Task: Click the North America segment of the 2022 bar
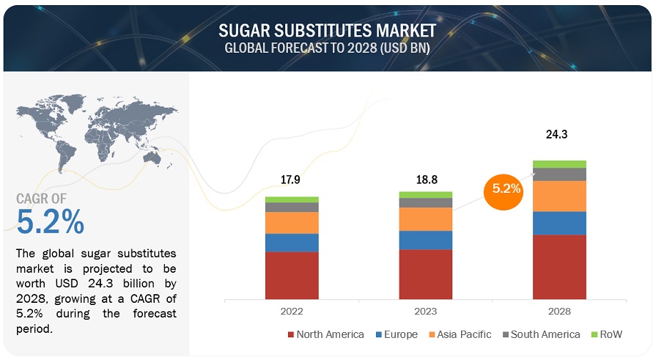click(292, 275)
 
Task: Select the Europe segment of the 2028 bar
click(559, 223)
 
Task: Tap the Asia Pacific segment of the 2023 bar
click(425, 219)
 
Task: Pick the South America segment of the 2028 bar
click(559, 175)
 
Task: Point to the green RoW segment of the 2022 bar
click(292, 199)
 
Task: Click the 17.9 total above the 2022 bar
click(292, 180)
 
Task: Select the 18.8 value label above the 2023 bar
click(425, 176)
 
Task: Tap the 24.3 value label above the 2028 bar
click(559, 135)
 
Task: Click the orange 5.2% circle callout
click(506, 188)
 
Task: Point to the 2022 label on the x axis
click(292, 311)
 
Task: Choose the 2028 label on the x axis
click(559, 311)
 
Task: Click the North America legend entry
click(327, 334)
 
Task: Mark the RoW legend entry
click(605, 334)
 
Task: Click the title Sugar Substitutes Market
click(327, 30)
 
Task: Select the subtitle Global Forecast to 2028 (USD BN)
click(327, 48)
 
